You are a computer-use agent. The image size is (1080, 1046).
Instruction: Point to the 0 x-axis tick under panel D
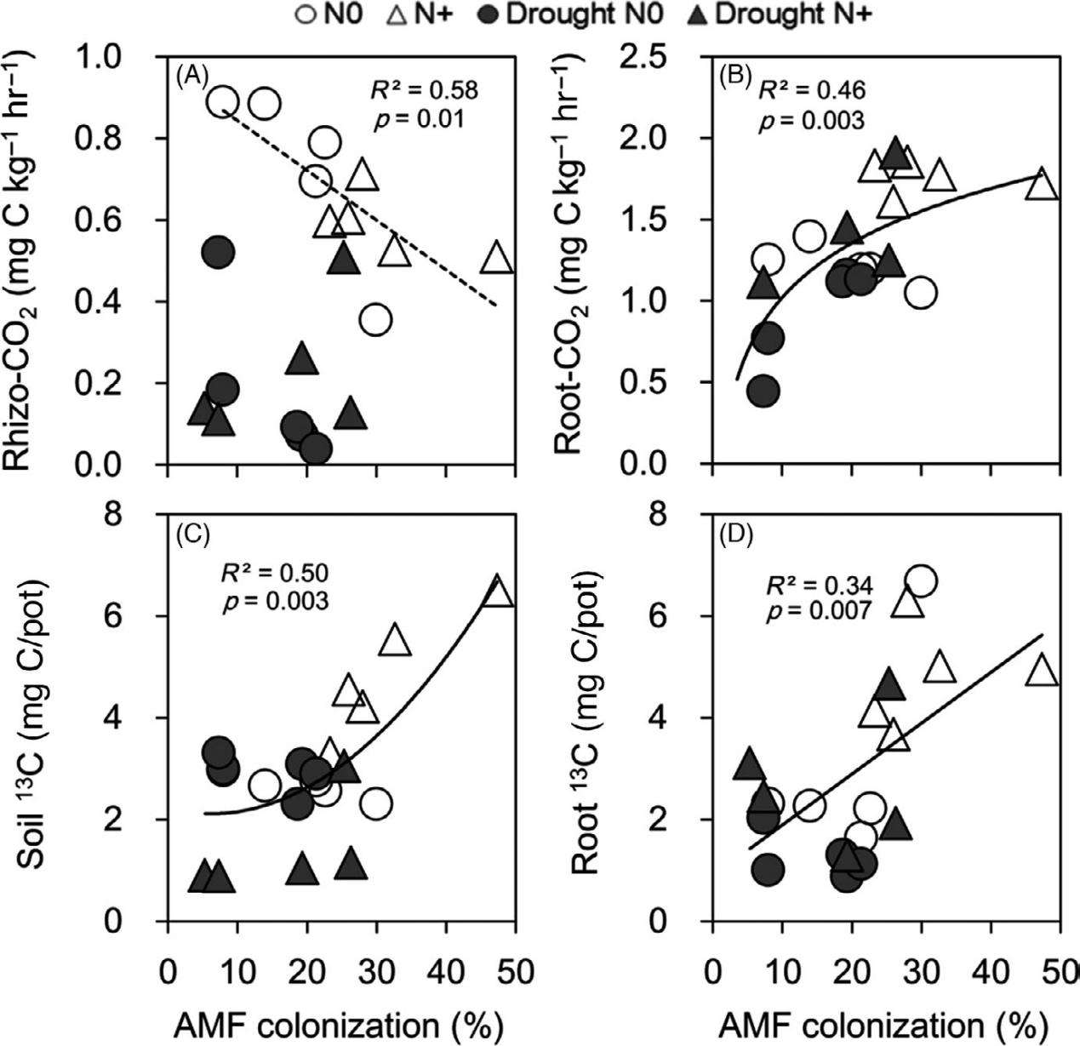pyautogui.click(x=712, y=969)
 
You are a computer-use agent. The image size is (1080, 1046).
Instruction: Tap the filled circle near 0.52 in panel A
pyautogui.click(x=218, y=253)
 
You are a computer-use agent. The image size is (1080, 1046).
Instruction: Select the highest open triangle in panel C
pyautogui.click(x=497, y=591)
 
